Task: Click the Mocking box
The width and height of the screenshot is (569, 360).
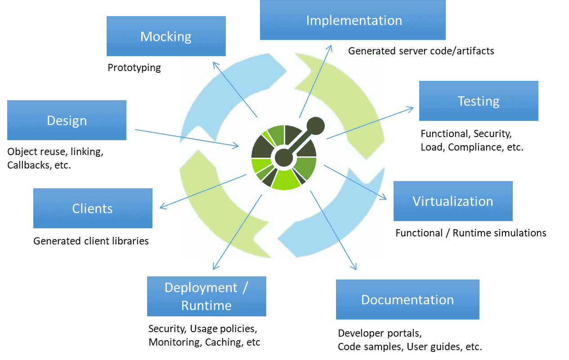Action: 166,36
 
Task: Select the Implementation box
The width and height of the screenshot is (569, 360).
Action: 353,20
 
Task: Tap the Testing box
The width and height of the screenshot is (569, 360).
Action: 479,101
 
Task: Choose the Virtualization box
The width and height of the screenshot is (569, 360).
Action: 453,201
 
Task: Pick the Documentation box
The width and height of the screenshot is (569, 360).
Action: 408,299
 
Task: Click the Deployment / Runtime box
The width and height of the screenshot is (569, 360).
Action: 206,296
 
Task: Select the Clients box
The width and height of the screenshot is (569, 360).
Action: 93,208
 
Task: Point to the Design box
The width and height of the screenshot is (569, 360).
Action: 67,120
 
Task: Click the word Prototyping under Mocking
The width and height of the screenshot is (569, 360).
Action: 134,68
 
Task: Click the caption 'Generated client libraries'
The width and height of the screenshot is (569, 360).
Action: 91,241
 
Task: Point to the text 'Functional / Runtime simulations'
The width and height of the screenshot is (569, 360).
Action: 471,233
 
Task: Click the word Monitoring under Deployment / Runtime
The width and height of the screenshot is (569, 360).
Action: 175,342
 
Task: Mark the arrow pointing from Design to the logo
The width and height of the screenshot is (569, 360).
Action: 187,138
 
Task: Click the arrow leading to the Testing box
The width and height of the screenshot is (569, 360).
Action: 370,123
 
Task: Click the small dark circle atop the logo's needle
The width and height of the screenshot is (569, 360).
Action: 316,126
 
